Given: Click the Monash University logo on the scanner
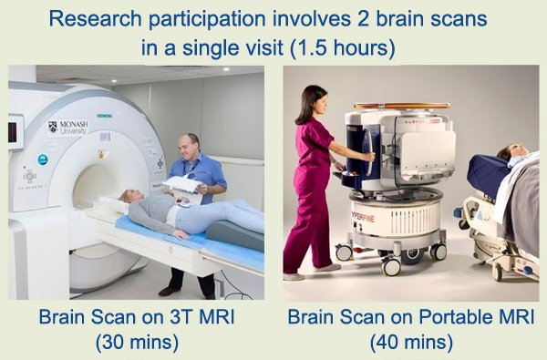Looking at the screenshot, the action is point(68,128).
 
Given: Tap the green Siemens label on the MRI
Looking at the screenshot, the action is point(104,116).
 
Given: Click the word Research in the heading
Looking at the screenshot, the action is point(95,19).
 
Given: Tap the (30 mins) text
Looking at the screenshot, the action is point(137,342).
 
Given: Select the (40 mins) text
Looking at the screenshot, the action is point(411,343).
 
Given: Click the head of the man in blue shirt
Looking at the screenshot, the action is point(189,146).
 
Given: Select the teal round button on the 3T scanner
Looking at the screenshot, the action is point(43,159).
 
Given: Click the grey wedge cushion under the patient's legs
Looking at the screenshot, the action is point(234,233).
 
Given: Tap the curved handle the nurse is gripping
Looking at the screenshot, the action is point(368,151).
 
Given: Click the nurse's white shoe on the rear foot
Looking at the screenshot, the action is point(293,277).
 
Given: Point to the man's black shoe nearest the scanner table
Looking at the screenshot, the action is point(170,291).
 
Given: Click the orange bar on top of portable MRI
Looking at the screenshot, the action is point(401,106).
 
